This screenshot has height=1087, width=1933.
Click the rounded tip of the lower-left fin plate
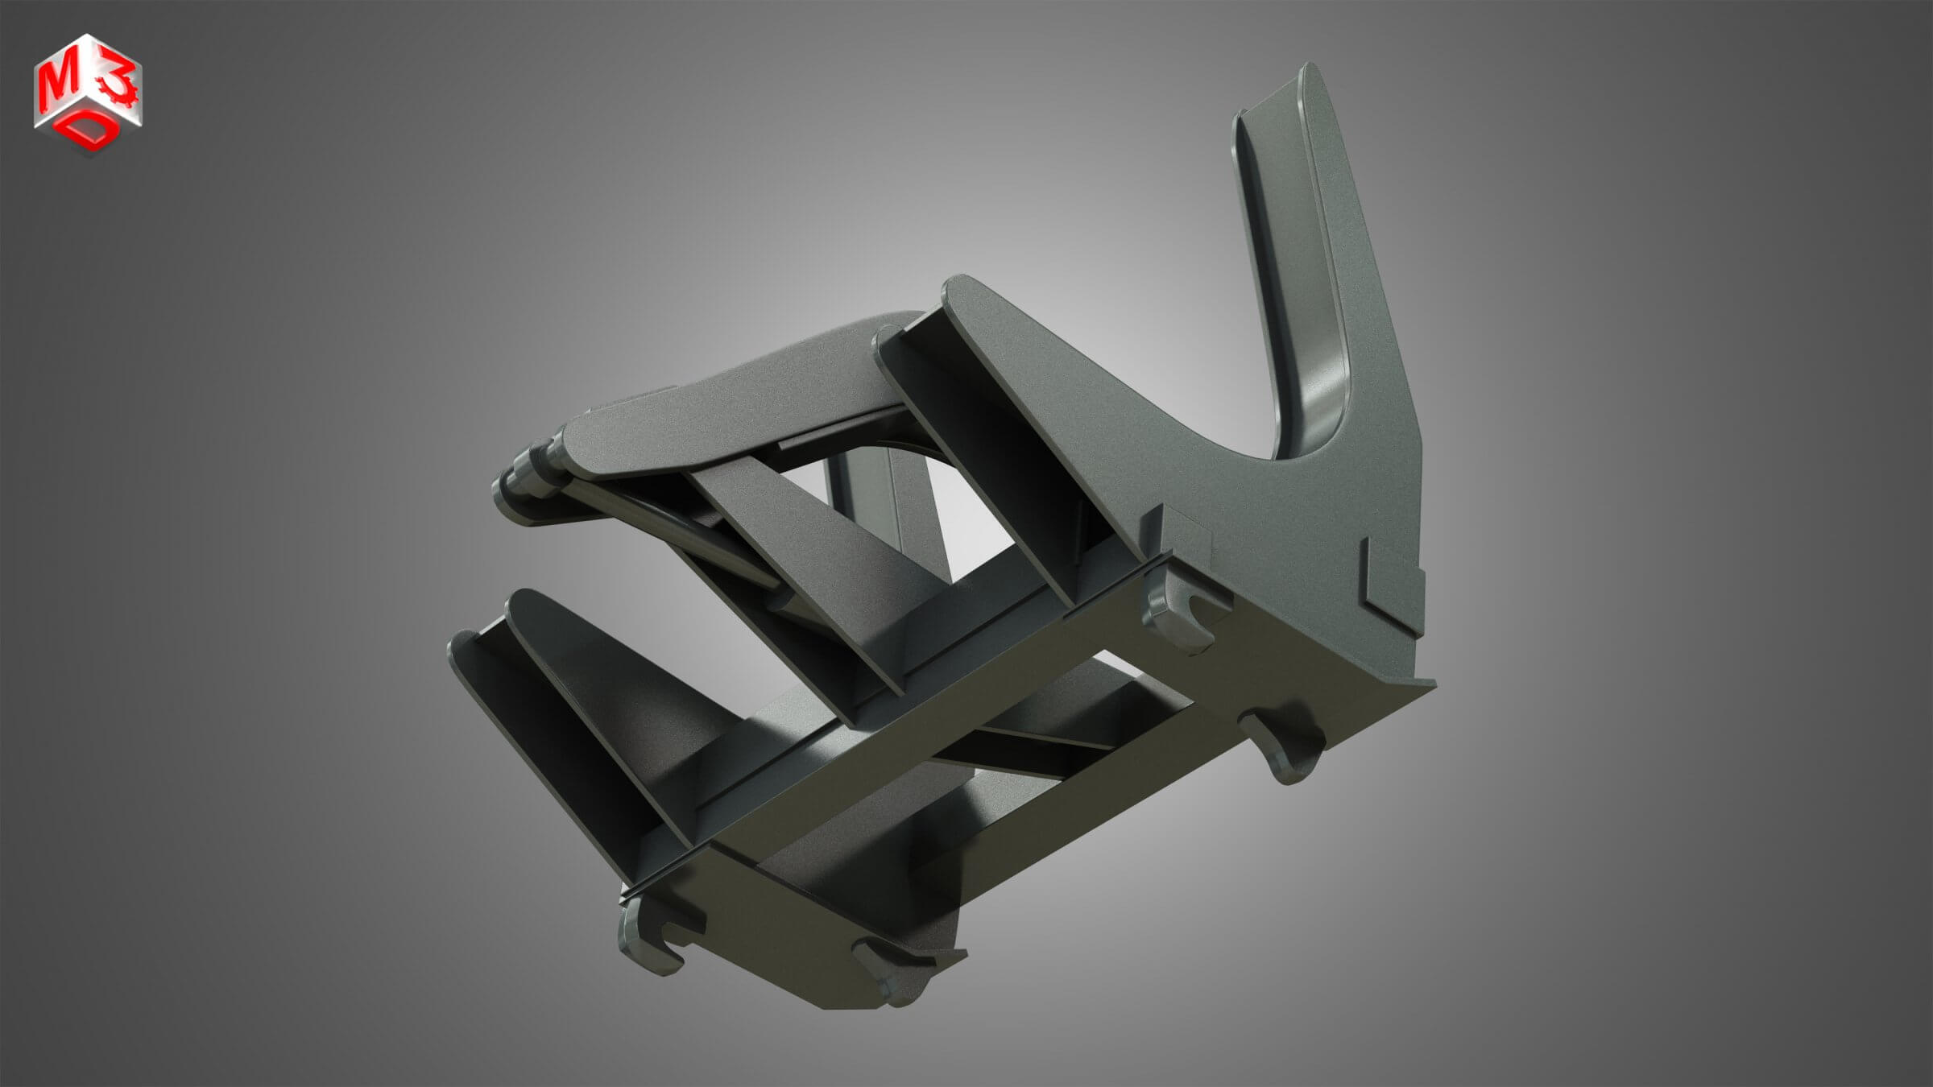524,600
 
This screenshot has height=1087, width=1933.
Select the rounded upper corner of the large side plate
962,286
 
